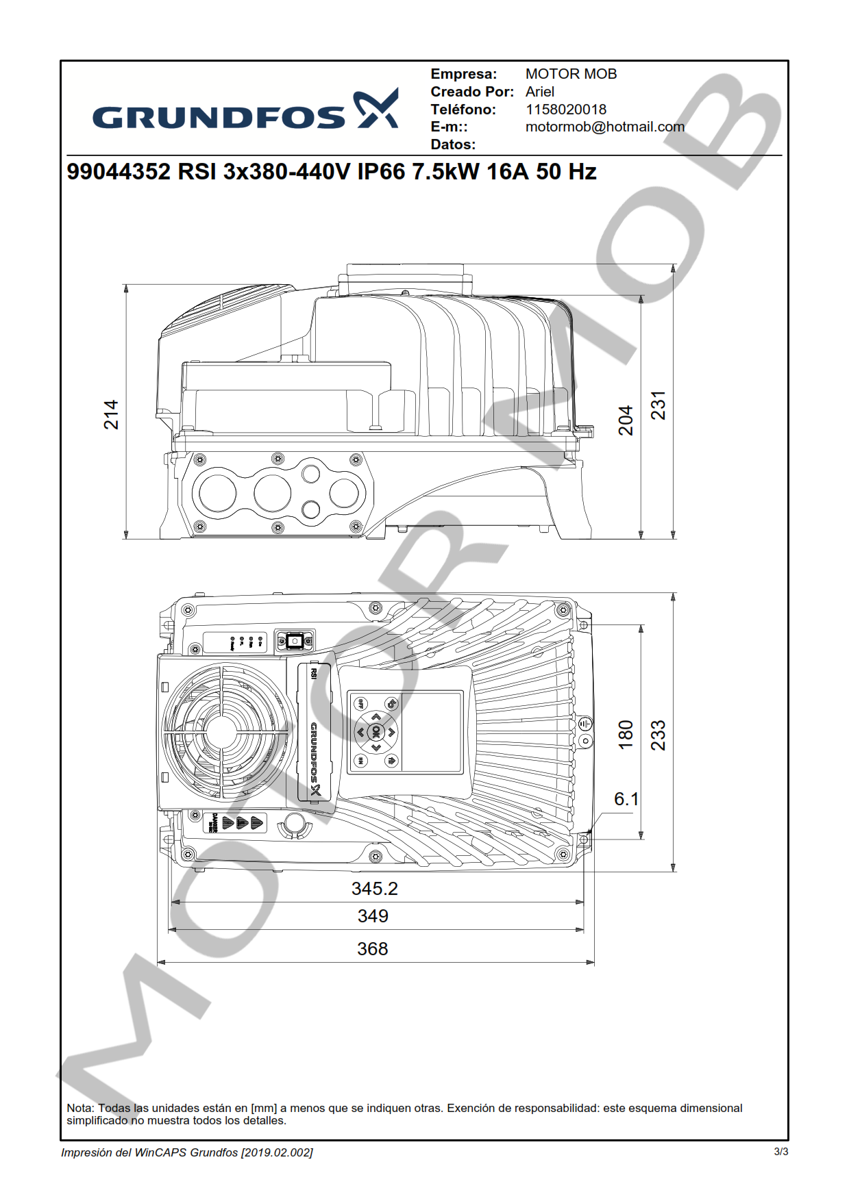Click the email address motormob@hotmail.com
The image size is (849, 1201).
click(x=604, y=127)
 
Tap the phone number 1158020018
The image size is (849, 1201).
click(x=565, y=110)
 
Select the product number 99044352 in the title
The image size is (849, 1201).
click(x=119, y=171)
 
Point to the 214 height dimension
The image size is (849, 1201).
click(x=111, y=415)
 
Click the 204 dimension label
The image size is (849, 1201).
click(x=626, y=420)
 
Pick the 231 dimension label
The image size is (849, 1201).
click(x=658, y=405)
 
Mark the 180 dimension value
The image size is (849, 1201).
click(x=626, y=735)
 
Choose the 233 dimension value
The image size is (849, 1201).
click(x=658, y=735)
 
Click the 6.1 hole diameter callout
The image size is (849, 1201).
click(x=626, y=799)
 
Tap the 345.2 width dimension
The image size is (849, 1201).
click(x=374, y=889)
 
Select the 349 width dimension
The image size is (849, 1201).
click(x=373, y=916)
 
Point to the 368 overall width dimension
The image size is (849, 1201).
click(x=372, y=949)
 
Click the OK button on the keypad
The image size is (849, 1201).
click(x=376, y=732)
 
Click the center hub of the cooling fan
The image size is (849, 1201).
click(x=221, y=732)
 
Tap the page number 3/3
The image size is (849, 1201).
click(x=780, y=1152)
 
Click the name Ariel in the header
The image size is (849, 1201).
click(x=540, y=92)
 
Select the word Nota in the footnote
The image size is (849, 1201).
click(x=79, y=1108)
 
